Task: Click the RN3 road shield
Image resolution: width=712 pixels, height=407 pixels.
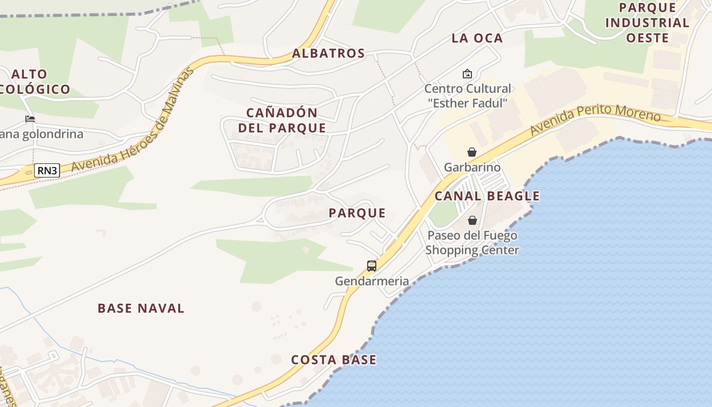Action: pyautogui.click(x=47, y=170)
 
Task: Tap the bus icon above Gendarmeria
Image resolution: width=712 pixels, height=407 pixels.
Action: pyautogui.click(x=372, y=266)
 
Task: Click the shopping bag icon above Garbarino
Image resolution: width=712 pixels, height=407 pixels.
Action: pyautogui.click(x=472, y=152)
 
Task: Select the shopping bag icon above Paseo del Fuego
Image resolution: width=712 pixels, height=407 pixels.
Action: pyautogui.click(x=472, y=220)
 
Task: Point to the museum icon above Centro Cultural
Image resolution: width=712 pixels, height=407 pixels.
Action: pyautogui.click(x=467, y=74)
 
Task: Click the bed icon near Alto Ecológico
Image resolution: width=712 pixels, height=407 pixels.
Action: pyautogui.click(x=30, y=119)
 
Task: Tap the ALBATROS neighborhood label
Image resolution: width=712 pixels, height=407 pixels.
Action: pyautogui.click(x=329, y=53)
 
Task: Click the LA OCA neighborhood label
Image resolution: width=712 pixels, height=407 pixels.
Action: pyautogui.click(x=477, y=38)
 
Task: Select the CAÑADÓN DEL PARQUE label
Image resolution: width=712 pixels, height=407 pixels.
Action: pyautogui.click(x=282, y=120)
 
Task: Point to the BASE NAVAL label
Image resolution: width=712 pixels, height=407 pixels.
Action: pyautogui.click(x=141, y=308)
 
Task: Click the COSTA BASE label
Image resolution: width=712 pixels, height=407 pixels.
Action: pyautogui.click(x=334, y=360)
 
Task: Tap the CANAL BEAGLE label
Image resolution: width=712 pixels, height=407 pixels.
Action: pyautogui.click(x=487, y=196)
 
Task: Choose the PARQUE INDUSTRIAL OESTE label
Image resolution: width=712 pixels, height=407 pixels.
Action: pyautogui.click(x=647, y=23)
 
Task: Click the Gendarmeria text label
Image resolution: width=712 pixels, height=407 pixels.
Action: pyautogui.click(x=372, y=281)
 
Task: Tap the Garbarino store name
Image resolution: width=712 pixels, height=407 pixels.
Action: pyautogui.click(x=472, y=167)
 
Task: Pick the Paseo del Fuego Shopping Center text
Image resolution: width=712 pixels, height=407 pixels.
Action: pyautogui.click(x=472, y=243)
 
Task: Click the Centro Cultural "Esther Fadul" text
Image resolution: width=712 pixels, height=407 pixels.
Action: pyautogui.click(x=467, y=96)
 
